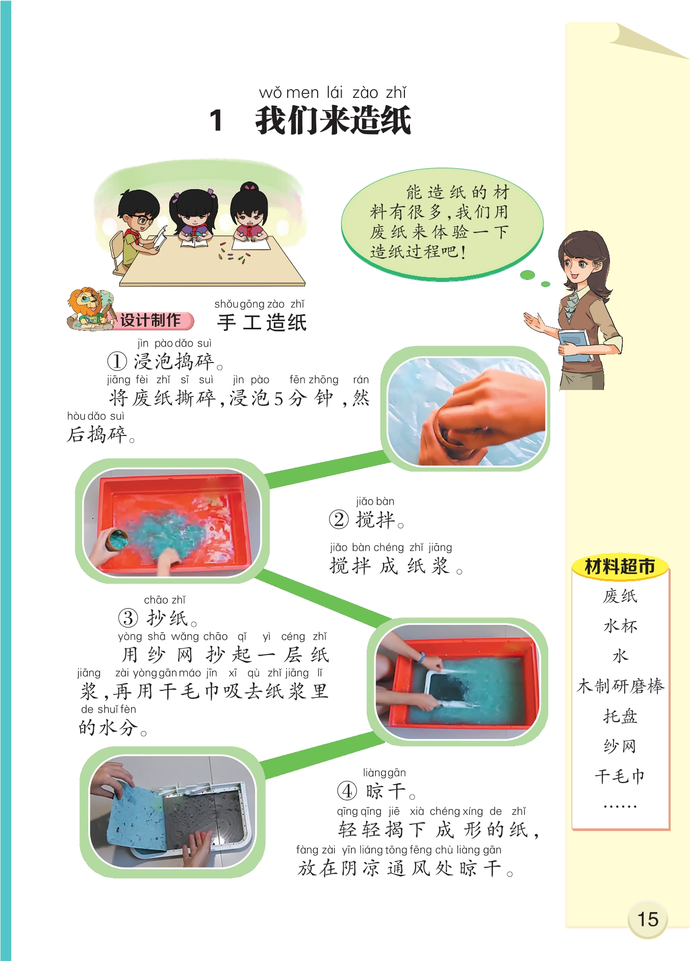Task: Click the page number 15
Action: (x=648, y=919)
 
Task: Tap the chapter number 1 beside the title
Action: (x=216, y=121)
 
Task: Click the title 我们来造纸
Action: (x=333, y=121)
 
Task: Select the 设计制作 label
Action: (x=151, y=320)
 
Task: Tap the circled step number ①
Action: (x=117, y=361)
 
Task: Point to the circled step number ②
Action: (x=339, y=520)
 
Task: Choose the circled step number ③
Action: (x=128, y=618)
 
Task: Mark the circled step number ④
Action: (x=347, y=791)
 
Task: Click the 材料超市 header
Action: (x=620, y=566)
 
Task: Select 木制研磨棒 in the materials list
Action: (x=620, y=686)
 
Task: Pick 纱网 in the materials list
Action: (x=620, y=746)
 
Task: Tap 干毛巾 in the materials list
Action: (x=620, y=776)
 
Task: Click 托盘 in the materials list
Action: (x=620, y=716)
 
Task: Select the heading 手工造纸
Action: (x=262, y=322)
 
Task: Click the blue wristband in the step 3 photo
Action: (x=421, y=657)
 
